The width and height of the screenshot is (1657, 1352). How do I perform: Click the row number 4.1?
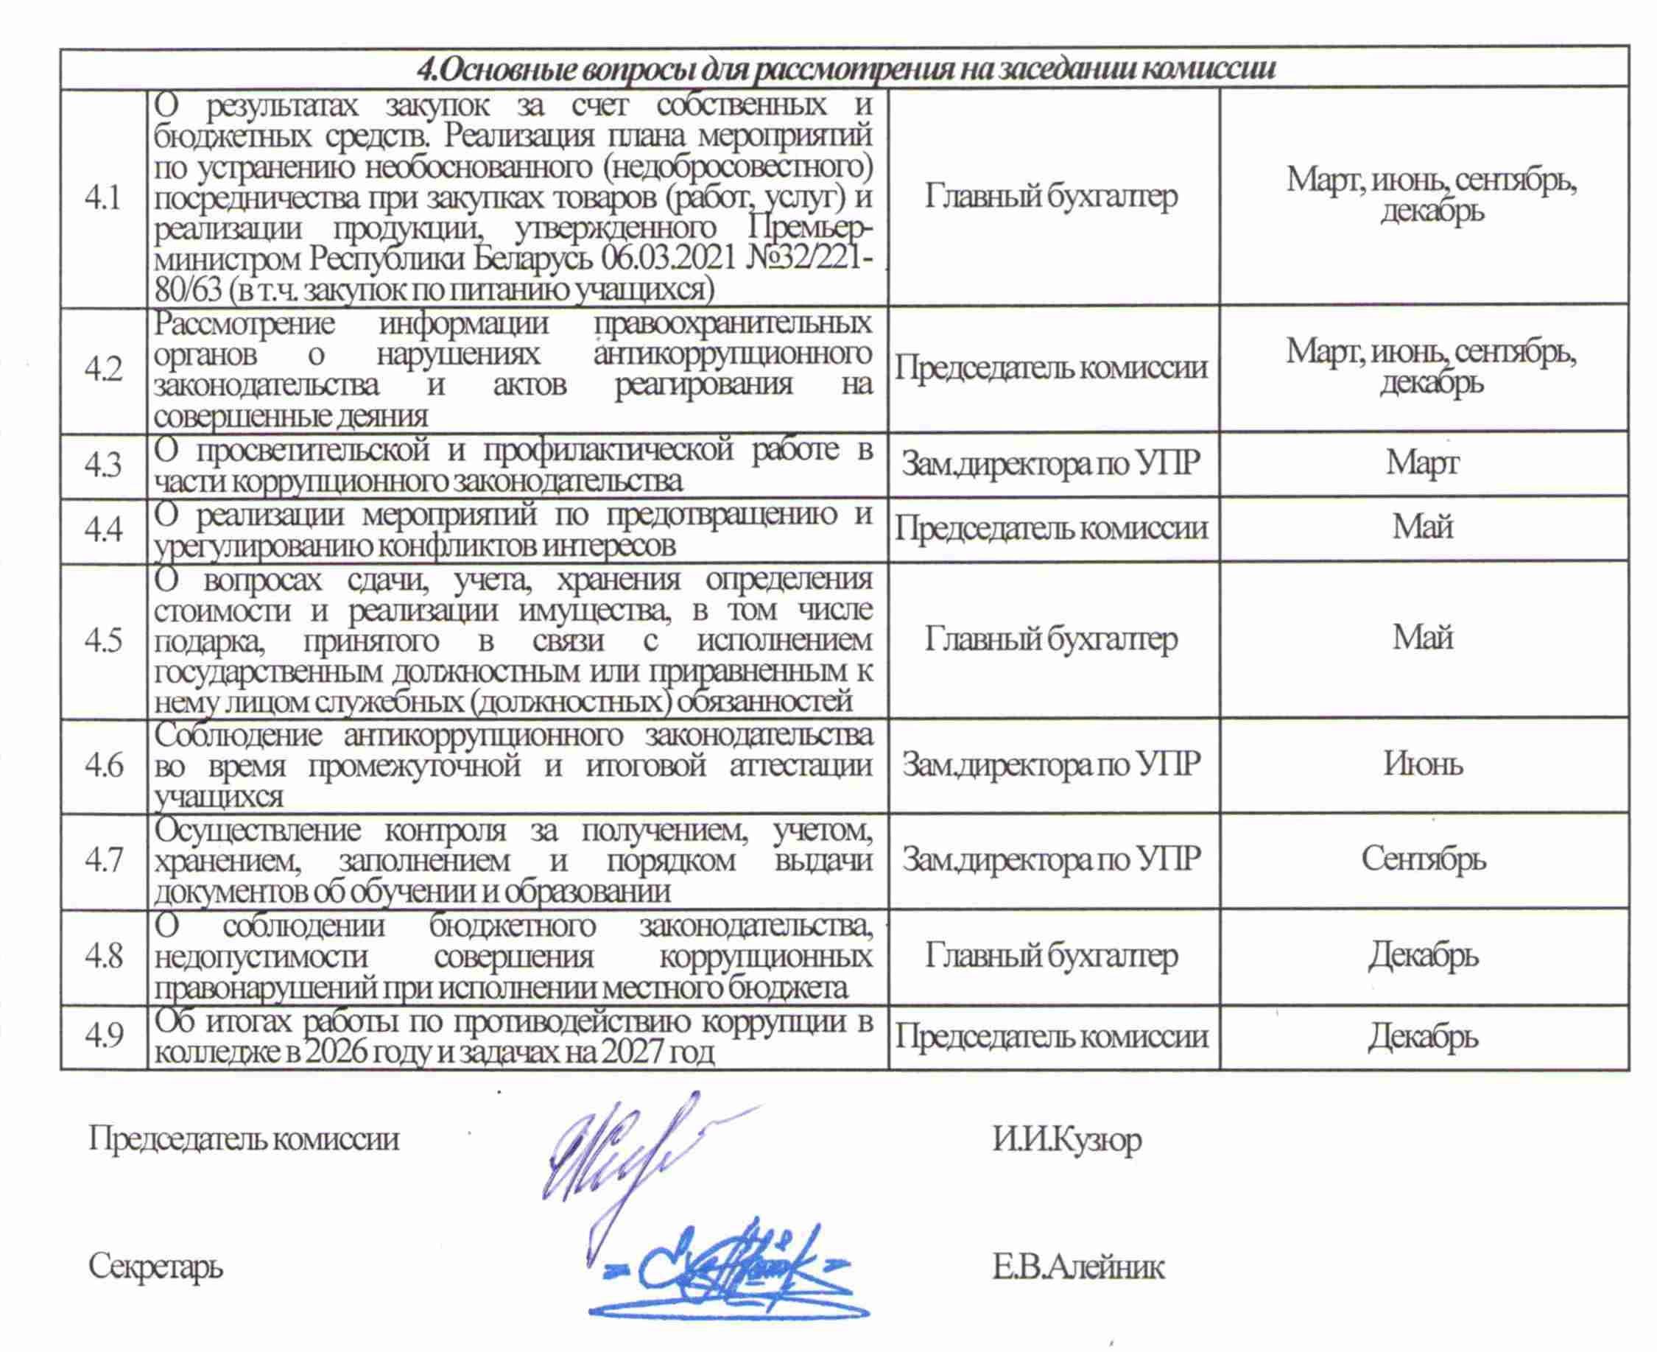pyautogui.click(x=103, y=199)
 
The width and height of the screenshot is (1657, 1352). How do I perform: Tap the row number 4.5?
pyautogui.click(x=103, y=640)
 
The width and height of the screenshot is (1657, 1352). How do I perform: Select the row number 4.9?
pyautogui.click(x=103, y=1036)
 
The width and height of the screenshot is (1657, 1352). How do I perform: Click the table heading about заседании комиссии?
pyautogui.click(x=845, y=68)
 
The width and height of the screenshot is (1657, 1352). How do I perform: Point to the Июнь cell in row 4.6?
pyautogui.click(x=1423, y=764)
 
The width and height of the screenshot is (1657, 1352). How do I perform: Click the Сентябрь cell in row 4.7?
pyautogui.click(x=1423, y=859)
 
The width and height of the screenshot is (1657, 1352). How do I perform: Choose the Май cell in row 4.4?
pyautogui.click(x=1423, y=527)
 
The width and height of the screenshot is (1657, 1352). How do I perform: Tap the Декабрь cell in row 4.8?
pyautogui.click(x=1423, y=955)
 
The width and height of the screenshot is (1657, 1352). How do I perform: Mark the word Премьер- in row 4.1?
pyautogui.click(x=810, y=228)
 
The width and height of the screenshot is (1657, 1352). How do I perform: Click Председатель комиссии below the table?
pyautogui.click(x=243, y=1139)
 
